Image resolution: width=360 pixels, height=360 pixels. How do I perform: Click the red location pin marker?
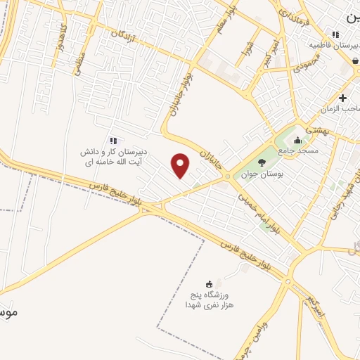tap(181, 165)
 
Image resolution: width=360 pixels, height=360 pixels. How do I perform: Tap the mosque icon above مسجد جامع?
tap(298, 139)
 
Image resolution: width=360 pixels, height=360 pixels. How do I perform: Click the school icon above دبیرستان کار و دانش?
tap(113, 141)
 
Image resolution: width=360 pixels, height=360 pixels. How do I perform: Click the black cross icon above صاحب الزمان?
tap(342, 98)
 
